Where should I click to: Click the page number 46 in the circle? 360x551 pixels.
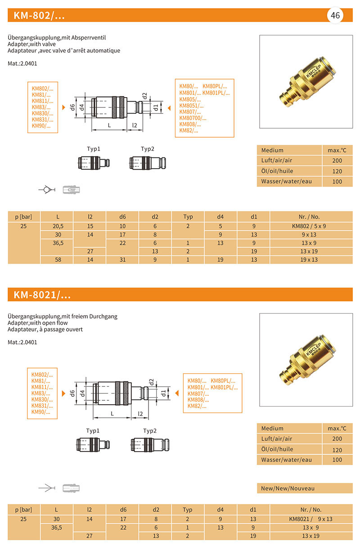(335, 15)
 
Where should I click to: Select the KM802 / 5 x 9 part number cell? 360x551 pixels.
(310, 226)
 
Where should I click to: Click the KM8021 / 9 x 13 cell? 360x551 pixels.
(310, 519)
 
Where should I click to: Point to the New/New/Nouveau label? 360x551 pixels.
(288, 488)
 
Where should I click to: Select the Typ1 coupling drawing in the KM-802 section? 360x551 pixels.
(94, 162)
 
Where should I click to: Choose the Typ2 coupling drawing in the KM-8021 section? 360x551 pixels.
(149, 445)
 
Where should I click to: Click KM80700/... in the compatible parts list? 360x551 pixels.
(193, 118)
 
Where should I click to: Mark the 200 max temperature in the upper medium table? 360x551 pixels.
(337, 161)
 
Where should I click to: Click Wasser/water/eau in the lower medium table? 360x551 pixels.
(286, 460)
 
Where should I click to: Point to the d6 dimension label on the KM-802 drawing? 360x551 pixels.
(72, 108)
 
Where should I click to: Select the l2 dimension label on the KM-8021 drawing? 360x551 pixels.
(140, 413)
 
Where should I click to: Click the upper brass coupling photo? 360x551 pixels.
(306, 81)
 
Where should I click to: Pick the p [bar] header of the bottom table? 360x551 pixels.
(24, 510)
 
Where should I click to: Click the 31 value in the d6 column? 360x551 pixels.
(123, 260)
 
